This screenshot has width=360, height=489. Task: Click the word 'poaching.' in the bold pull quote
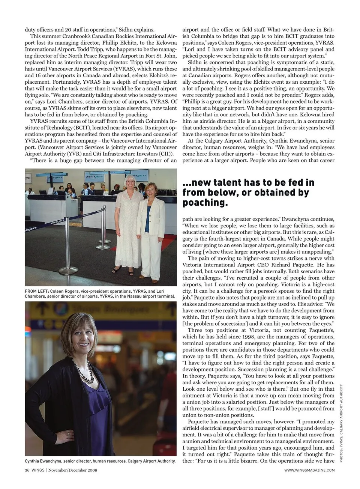pyautogui.click(x=205, y=203)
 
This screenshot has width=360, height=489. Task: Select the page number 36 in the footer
pyautogui.click(x=27, y=470)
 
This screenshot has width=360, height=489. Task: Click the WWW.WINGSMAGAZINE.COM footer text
pyautogui.click(x=309, y=470)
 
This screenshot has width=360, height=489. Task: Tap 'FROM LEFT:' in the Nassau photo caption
pyautogui.click(x=36, y=291)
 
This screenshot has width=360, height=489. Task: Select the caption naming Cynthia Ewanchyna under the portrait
pyautogui.click(x=100, y=461)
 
